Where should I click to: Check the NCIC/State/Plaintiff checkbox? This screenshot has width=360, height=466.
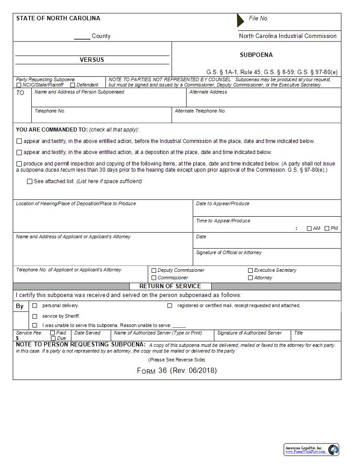(x=19, y=85)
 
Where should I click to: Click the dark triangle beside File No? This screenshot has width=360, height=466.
(x=240, y=20)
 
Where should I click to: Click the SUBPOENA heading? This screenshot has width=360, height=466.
(x=256, y=55)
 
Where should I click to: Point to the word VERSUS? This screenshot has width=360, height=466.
(x=92, y=60)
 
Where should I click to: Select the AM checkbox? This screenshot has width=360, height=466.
(x=309, y=229)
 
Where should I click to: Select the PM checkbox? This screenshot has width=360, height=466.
(x=327, y=229)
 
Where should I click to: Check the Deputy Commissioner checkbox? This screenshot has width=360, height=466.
(x=154, y=271)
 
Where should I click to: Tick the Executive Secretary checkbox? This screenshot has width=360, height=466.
(x=251, y=271)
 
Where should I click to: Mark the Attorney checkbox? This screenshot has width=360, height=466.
(x=251, y=278)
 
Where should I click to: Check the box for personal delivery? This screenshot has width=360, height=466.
(x=34, y=305)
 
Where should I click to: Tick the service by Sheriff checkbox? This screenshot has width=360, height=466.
(x=34, y=316)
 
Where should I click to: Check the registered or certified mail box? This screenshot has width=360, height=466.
(x=169, y=305)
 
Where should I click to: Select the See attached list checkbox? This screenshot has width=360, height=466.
(x=30, y=181)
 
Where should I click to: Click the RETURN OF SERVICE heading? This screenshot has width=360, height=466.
(x=170, y=286)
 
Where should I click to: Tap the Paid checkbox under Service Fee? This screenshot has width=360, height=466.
(x=52, y=333)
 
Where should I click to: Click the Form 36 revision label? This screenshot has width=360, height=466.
(x=177, y=371)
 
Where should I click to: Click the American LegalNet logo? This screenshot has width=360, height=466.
(x=311, y=450)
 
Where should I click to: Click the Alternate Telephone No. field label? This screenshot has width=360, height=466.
(x=200, y=111)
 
